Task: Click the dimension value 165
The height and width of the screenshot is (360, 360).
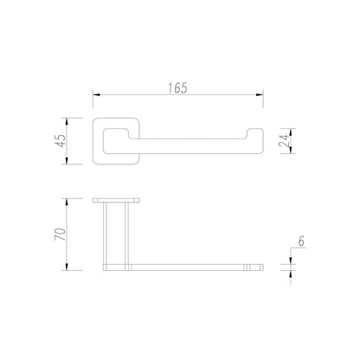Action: pyautogui.click(x=178, y=88)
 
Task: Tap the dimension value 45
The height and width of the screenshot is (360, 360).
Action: pyautogui.click(x=61, y=141)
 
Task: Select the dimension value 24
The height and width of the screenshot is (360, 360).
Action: pyautogui.click(x=284, y=140)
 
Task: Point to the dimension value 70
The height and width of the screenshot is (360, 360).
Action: pyautogui.click(x=61, y=235)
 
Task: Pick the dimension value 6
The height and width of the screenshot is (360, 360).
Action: pyautogui.click(x=301, y=241)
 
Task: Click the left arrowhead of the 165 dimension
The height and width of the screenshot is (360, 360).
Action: pyautogui.click(x=96, y=94)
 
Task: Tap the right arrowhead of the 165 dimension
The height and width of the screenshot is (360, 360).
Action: pyautogui.click(x=260, y=94)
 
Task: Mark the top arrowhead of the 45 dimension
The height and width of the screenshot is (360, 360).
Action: pyautogui.click(x=67, y=121)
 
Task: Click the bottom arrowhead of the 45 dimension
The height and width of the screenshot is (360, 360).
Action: pyautogui.click(x=67, y=161)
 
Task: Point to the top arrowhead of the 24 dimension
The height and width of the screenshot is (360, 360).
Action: pyautogui.click(x=291, y=132)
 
